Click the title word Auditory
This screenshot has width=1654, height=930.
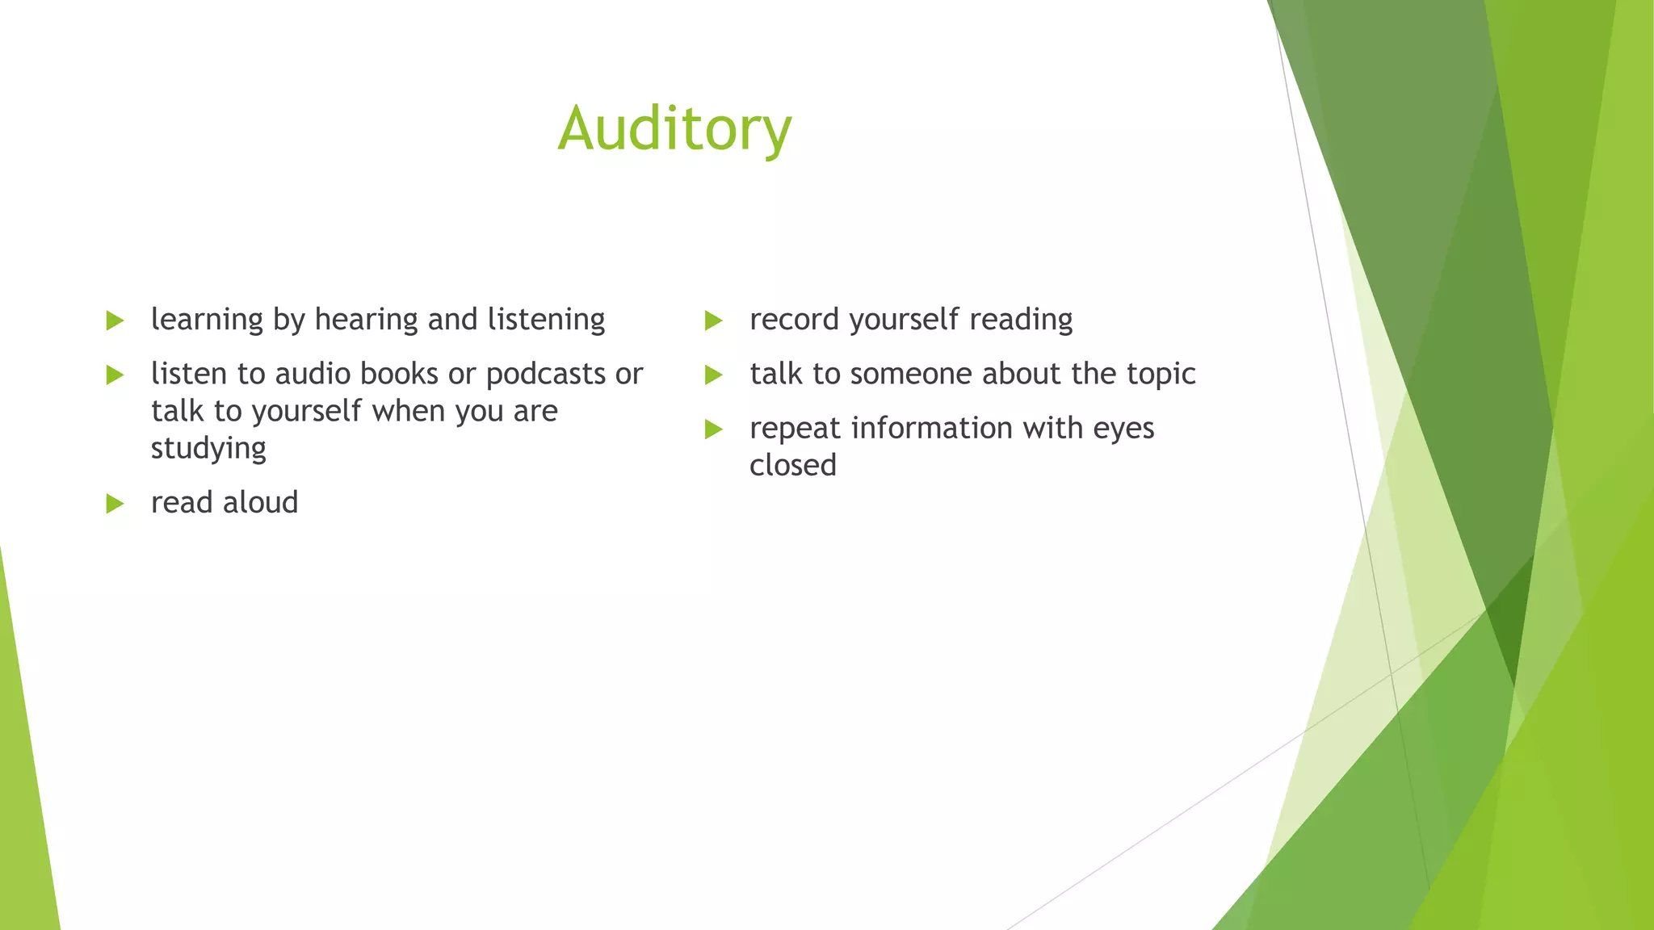tap(674, 129)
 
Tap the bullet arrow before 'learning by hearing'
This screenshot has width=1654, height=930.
tap(115, 320)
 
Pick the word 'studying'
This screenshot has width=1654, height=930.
tap(208, 449)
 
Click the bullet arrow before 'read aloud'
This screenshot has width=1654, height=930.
tap(115, 504)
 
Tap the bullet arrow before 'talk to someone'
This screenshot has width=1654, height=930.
tap(713, 375)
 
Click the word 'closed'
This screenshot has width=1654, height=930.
tap(792, 465)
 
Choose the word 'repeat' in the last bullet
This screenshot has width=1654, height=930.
tap(795, 429)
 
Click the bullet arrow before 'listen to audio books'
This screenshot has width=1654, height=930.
tap(115, 375)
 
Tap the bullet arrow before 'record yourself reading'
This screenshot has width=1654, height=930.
tap(713, 320)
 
